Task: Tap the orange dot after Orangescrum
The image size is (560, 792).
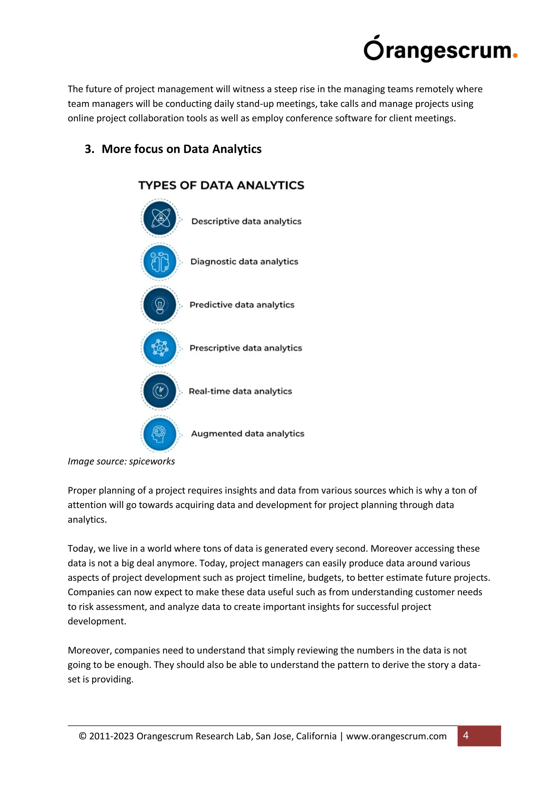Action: [x=515, y=56]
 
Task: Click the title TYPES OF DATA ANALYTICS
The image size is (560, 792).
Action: [x=221, y=185]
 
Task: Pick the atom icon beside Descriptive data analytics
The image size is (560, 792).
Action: [x=160, y=218]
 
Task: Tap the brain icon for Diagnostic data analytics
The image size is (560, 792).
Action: [x=160, y=262]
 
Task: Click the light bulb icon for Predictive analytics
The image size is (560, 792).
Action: [x=160, y=305]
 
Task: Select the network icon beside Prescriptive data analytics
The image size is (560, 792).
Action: [x=160, y=348]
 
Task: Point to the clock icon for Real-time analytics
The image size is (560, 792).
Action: [x=160, y=391]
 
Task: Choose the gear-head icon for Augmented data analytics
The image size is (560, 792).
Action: [x=160, y=434]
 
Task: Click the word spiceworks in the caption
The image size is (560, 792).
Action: [x=152, y=461]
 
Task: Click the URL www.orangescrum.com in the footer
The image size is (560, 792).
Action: [x=396, y=736]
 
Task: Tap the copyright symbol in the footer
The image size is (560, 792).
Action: [x=83, y=736]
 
